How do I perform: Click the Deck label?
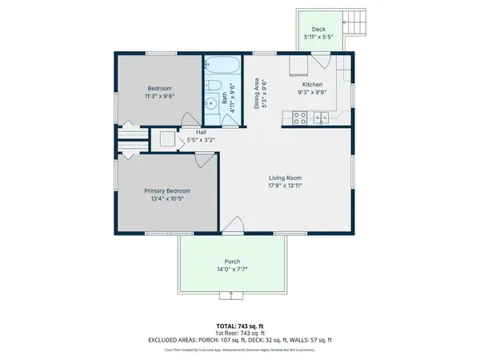[x=318, y=29]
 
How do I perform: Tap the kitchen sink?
[x=324, y=118]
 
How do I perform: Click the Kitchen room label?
[x=312, y=84]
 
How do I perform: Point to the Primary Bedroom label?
[x=167, y=190]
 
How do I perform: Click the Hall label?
[x=202, y=132]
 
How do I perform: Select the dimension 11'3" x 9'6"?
[x=159, y=96]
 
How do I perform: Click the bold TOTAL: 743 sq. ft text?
[x=239, y=326]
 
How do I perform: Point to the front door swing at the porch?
[x=232, y=226]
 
